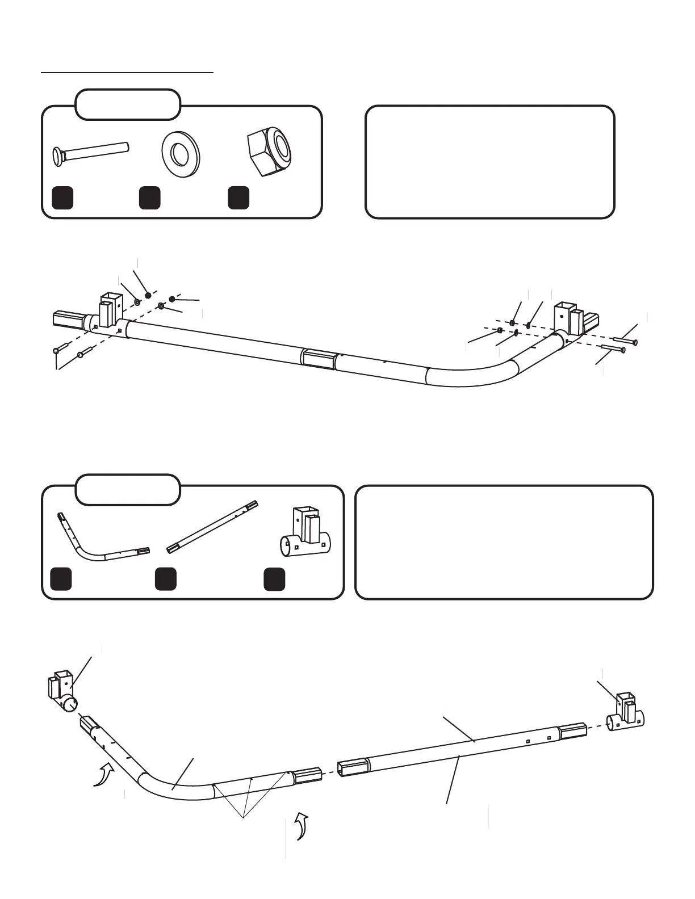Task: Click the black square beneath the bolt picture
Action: (62, 197)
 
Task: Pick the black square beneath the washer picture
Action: (149, 197)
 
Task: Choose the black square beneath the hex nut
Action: (238, 197)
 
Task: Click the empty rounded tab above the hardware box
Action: (128, 104)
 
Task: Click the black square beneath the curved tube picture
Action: (61, 579)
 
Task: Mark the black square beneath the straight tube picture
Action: (165, 579)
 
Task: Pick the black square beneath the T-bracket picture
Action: (275, 579)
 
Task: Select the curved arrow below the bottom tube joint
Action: (300, 825)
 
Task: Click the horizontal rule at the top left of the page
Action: (128, 73)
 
